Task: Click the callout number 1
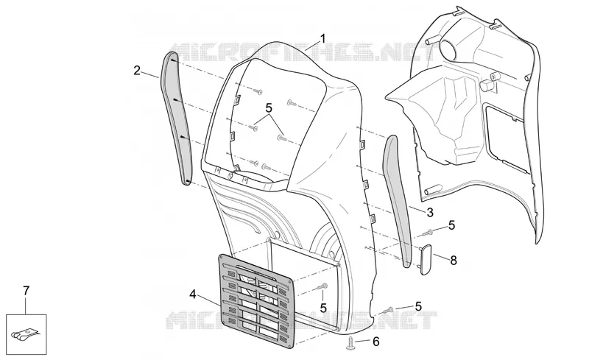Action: (x=322, y=39)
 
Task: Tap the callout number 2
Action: (x=137, y=70)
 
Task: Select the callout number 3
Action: (x=430, y=213)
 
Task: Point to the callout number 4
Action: (x=193, y=294)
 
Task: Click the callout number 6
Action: (x=376, y=342)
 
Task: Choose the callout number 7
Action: (x=26, y=291)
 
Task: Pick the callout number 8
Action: (x=454, y=260)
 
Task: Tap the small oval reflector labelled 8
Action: (x=426, y=259)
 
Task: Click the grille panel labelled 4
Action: (x=255, y=300)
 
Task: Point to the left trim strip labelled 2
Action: (x=177, y=119)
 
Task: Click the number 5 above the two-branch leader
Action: (x=269, y=108)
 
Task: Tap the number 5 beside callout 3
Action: (x=451, y=225)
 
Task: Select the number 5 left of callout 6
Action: (x=418, y=307)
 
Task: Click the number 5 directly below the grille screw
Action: (x=323, y=308)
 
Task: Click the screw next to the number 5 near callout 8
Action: (x=428, y=233)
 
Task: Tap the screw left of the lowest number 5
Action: (x=387, y=311)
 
